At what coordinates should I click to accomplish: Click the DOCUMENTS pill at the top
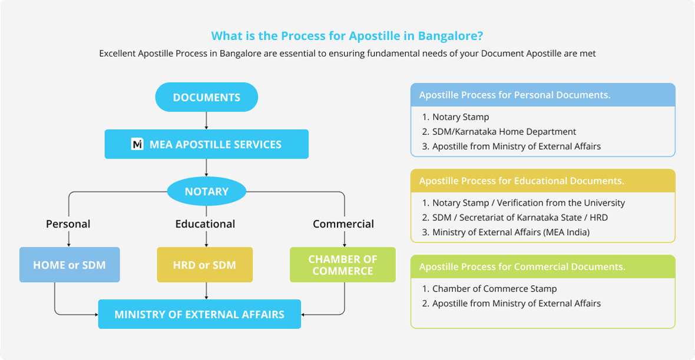pos(207,97)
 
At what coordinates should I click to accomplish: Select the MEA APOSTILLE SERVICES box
pos(207,144)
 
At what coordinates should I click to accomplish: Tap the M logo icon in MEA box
pos(137,144)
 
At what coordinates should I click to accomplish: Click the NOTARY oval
pos(207,191)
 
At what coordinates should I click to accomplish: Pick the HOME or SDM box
pos(69,265)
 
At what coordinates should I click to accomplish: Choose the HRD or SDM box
pos(205,265)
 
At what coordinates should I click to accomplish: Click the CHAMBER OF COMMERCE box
pos(343,265)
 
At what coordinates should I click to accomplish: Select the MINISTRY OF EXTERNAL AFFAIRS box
pos(200,314)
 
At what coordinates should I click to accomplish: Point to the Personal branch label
pos(68,224)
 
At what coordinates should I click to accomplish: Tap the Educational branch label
pos(205,224)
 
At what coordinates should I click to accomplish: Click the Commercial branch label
pos(343,224)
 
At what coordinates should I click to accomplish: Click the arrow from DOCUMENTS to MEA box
pos(207,121)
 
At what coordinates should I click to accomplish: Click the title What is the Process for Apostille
pos(347,35)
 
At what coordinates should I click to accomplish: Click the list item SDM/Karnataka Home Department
pos(499,131)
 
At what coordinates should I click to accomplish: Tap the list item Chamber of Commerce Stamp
pos(489,289)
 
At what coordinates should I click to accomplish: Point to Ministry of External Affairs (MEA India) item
pos(506,232)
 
